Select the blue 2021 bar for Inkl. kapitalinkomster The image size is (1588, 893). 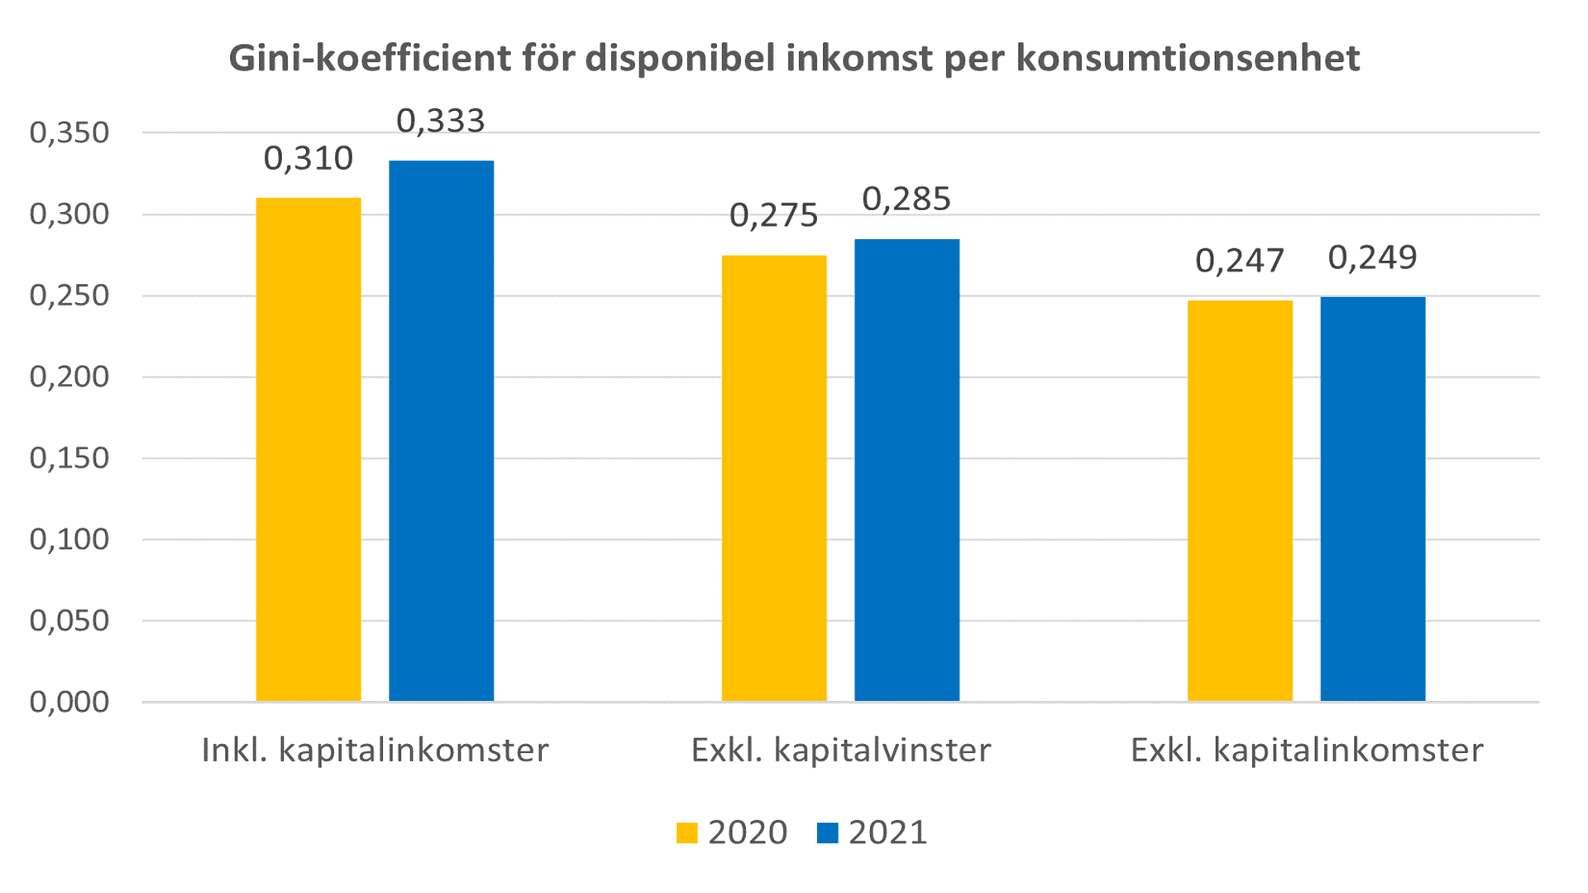point(441,430)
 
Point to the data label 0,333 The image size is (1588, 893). point(440,121)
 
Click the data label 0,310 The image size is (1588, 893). point(309,158)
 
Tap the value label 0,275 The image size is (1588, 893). point(773,215)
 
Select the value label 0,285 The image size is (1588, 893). point(906,199)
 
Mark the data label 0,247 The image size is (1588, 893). point(1239,261)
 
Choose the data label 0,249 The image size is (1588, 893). point(1372,257)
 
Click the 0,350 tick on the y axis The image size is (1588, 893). point(69,132)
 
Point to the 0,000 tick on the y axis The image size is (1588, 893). point(69,702)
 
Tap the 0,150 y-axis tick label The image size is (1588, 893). point(69,458)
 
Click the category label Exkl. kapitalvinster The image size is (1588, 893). point(840,750)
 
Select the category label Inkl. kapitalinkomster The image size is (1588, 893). point(375,750)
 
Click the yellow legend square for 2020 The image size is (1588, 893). point(686,833)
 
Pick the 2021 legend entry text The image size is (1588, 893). point(887,833)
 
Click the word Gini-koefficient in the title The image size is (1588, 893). point(370,58)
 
